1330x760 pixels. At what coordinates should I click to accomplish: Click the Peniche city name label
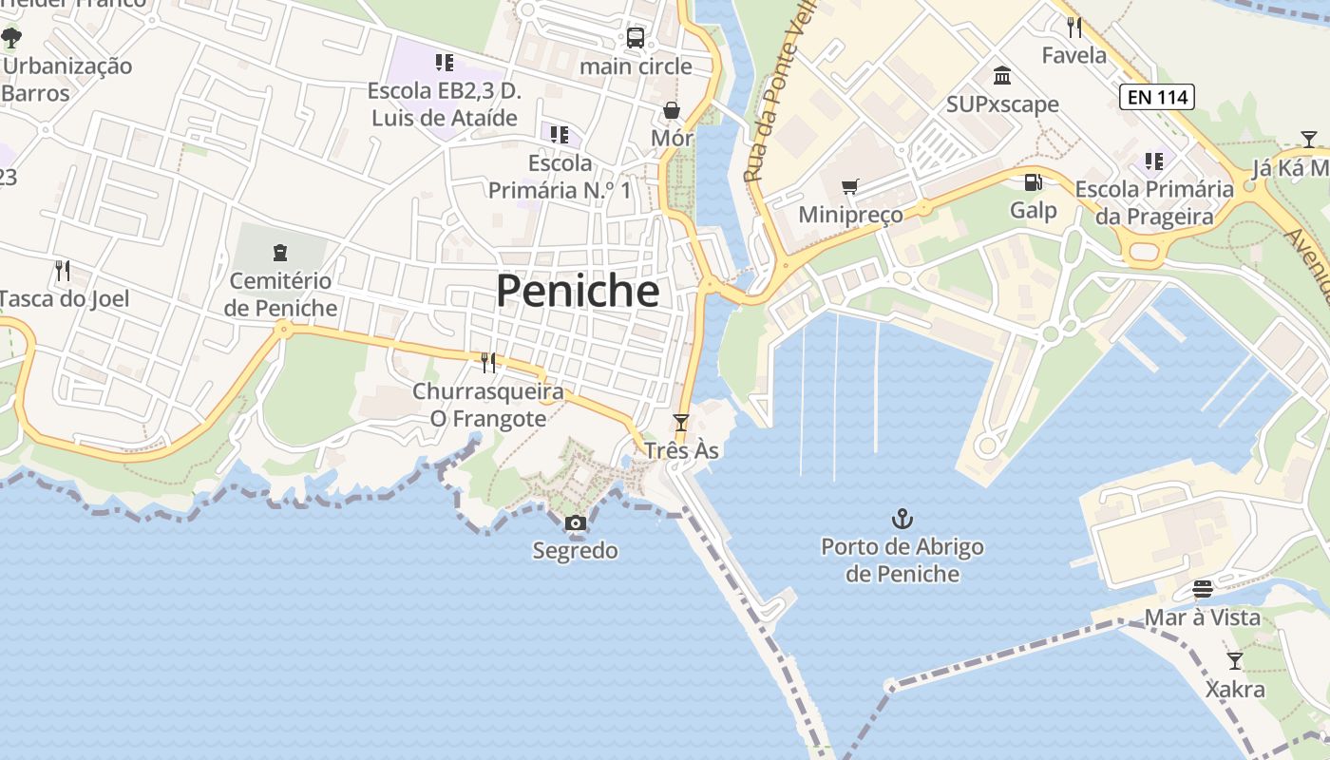pyautogui.click(x=578, y=291)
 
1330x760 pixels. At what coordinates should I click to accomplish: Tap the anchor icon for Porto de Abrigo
pyautogui.click(x=902, y=519)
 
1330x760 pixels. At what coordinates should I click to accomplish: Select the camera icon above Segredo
pyautogui.click(x=575, y=522)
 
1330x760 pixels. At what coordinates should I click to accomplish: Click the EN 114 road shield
pyautogui.click(x=1156, y=96)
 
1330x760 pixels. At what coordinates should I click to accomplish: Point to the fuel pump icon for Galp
pyautogui.click(x=1033, y=181)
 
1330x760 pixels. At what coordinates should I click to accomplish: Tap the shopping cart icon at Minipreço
pyautogui.click(x=849, y=186)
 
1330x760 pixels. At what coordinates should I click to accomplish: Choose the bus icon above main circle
pyautogui.click(x=636, y=38)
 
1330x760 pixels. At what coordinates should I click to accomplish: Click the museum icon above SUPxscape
pyautogui.click(x=1002, y=75)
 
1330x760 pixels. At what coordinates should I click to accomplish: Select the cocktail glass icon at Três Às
pyautogui.click(x=680, y=422)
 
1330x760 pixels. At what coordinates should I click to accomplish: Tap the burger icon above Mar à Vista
pyautogui.click(x=1202, y=589)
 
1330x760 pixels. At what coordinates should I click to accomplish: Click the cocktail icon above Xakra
pyautogui.click(x=1234, y=660)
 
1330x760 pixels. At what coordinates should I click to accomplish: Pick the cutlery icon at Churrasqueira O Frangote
pyautogui.click(x=488, y=362)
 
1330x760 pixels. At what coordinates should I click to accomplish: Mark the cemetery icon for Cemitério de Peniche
pyautogui.click(x=280, y=253)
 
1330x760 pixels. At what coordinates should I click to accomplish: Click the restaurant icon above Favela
pyautogui.click(x=1074, y=26)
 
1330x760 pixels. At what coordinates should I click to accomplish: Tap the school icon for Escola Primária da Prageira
pyautogui.click(x=1153, y=161)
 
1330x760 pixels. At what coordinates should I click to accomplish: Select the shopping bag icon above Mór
pyautogui.click(x=672, y=110)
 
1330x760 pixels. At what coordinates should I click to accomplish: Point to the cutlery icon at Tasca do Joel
pyautogui.click(x=63, y=271)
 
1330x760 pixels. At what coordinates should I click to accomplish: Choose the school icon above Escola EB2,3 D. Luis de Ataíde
pyautogui.click(x=444, y=63)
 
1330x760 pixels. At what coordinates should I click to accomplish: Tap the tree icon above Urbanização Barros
pyautogui.click(x=11, y=38)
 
